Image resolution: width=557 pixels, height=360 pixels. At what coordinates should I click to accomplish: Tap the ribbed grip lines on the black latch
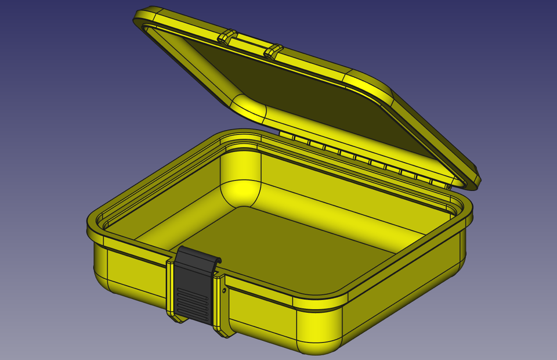[x=193, y=303]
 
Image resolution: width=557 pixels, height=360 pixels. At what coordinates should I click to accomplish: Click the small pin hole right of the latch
[x=224, y=290]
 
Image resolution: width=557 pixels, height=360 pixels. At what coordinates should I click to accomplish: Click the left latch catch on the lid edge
[x=227, y=37]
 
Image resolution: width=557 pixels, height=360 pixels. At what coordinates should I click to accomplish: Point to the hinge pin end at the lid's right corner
[x=449, y=187]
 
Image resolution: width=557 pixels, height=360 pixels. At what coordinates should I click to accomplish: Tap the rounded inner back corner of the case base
[x=240, y=174]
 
